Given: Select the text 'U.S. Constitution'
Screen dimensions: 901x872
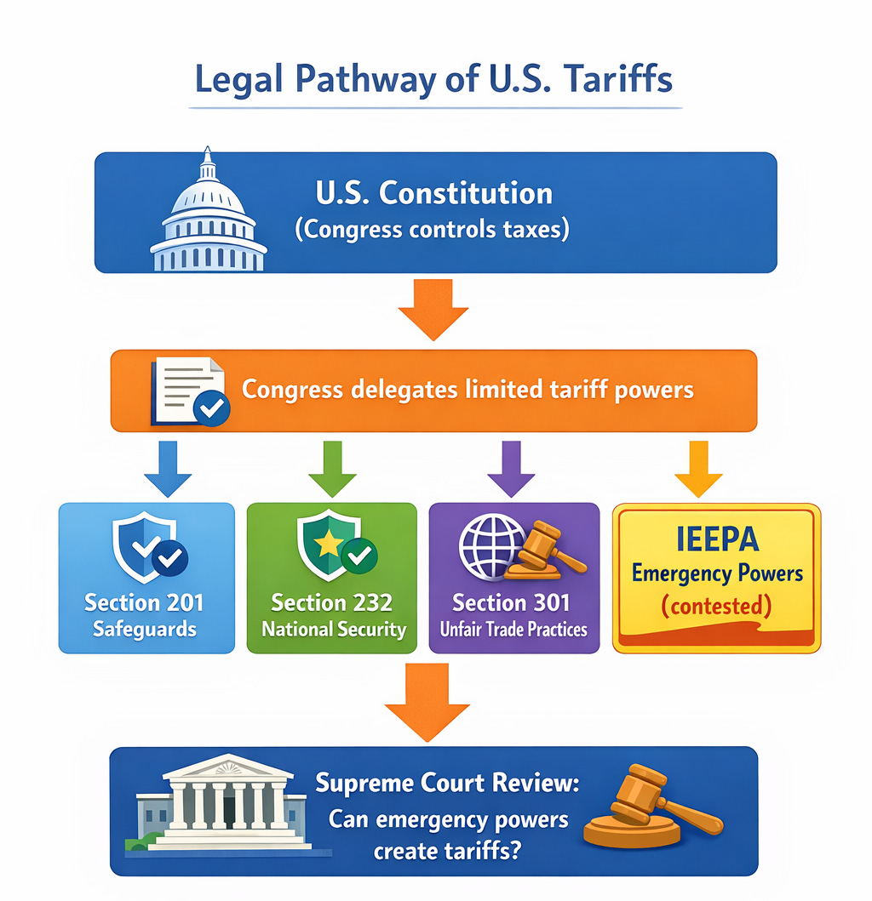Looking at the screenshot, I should pos(433,193).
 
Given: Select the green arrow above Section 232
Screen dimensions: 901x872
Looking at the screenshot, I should pos(331,468).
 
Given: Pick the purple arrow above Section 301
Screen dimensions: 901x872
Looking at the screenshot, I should pos(511,468).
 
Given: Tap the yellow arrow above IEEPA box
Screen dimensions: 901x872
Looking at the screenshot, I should pos(698,468).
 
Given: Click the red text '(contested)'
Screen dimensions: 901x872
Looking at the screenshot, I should pos(716,607).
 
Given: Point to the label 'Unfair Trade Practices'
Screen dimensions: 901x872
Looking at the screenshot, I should pos(513,630).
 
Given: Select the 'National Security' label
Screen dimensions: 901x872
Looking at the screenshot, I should pos(333,630).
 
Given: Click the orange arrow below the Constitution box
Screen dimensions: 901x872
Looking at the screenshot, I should pos(433,309).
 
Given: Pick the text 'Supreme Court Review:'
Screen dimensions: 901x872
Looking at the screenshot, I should pos(446,783).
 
